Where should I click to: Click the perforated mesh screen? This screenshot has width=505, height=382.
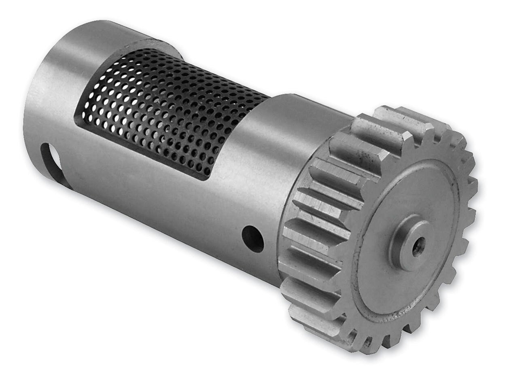pos(170,113)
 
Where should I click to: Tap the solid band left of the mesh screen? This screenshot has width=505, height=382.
pos(65,81)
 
